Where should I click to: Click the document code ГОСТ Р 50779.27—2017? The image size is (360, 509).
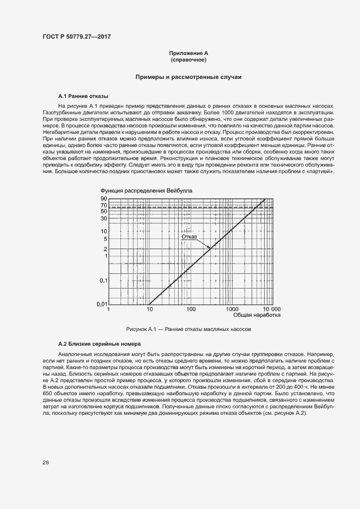pyautogui.click(x=80, y=36)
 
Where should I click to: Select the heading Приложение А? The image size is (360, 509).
pyautogui.click(x=188, y=53)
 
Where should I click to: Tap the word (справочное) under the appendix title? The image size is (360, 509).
pyautogui.click(x=188, y=59)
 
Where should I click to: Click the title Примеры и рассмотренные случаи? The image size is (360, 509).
pyautogui.click(x=188, y=77)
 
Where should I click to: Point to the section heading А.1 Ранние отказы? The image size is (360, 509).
pyautogui.click(x=83, y=95)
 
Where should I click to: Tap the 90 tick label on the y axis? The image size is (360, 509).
pyautogui.click(x=103, y=199)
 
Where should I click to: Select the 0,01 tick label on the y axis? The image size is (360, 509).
pyautogui.click(x=101, y=304)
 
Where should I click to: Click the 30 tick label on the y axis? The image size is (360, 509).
pyautogui.click(x=103, y=218)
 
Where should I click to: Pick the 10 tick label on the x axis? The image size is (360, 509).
pyautogui.click(x=150, y=309)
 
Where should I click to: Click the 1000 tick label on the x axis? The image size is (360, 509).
pyautogui.click(x=231, y=309)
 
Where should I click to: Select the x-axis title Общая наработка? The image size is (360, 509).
pyautogui.click(x=257, y=315)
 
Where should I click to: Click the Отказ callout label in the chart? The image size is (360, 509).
pyautogui.click(x=189, y=237)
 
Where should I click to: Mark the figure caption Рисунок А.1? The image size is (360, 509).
pyautogui.click(x=188, y=329)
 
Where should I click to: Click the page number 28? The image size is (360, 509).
pyautogui.click(x=46, y=462)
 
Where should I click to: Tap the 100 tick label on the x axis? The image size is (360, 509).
pyautogui.click(x=191, y=309)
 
